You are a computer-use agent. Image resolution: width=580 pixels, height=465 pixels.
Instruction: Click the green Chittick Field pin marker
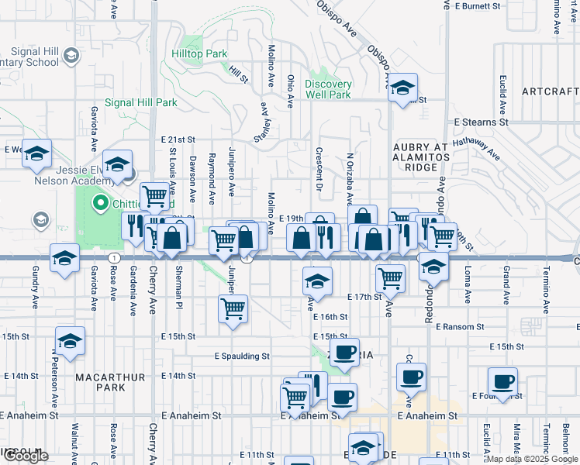click(x=100, y=205)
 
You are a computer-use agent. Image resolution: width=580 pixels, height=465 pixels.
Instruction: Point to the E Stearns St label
click(x=481, y=122)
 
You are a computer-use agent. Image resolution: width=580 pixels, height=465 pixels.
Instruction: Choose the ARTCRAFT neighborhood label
click(x=550, y=91)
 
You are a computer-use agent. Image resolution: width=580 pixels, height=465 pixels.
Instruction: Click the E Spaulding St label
click(x=242, y=356)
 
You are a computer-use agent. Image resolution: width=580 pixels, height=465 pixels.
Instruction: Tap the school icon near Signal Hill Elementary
click(x=71, y=56)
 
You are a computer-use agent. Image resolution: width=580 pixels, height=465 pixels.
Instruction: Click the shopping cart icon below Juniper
click(x=233, y=309)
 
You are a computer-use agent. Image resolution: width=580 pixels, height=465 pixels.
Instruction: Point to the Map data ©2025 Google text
click(x=533, y=459)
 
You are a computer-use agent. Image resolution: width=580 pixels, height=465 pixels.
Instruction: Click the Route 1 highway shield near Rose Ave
click(x=114, y=257)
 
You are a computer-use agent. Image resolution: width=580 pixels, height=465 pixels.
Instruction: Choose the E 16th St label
click(x=330, y=317)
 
